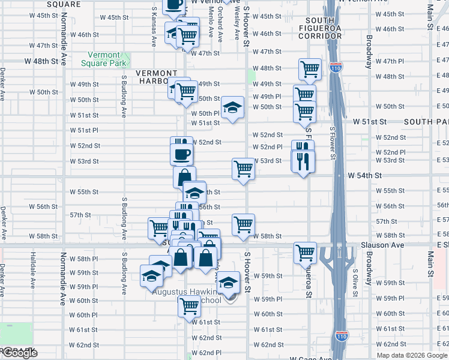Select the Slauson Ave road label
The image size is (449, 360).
(x=382, y=245)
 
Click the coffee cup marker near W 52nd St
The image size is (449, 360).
(x=181, y=154)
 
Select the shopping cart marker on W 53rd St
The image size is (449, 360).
(x=243, y=169)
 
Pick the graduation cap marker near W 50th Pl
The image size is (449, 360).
(x=232, y=108)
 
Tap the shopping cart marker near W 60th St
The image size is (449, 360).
(x=189, y=305)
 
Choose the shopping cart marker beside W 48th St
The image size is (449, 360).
(x=309, y=68)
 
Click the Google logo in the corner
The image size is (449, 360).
(x=20, y=353)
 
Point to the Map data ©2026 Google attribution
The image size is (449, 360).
(x=412, y=355)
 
